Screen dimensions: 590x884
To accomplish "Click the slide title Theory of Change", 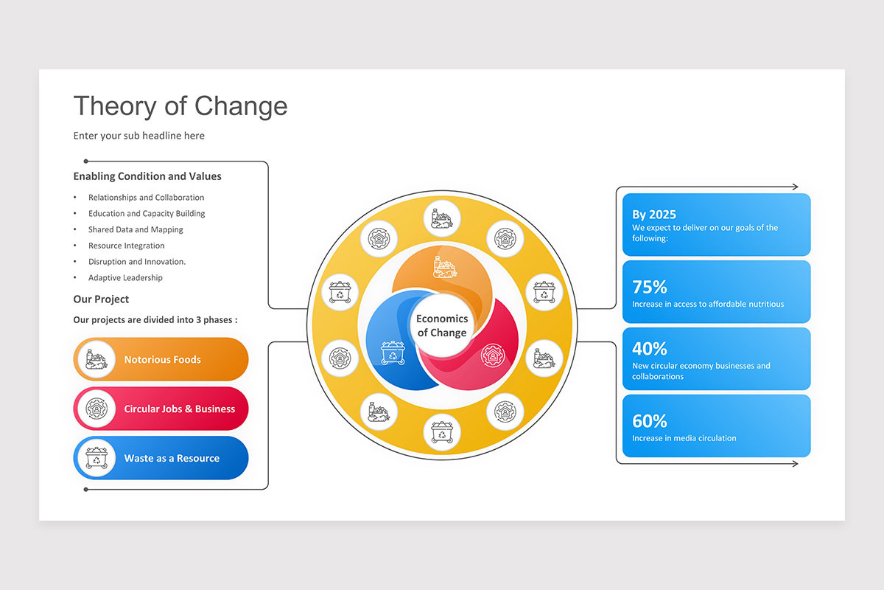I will [x=180, y=106].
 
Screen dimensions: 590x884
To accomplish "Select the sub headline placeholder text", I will [x=138, y=136].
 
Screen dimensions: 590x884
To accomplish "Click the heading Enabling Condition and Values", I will [x=147, y=176].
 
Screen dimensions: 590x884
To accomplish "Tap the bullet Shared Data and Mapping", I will [x=136, y=229].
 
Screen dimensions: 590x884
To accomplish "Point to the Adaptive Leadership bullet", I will [x=125, y=278].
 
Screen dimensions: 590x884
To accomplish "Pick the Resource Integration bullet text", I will [x=126, y=246].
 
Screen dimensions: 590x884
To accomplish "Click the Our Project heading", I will [x=101, y=299].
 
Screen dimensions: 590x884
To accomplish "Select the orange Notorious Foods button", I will [x=161, y=359].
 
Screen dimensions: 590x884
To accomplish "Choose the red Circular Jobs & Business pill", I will [x=161, y=409].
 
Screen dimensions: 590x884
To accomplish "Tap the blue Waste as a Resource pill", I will [x=161, y=458].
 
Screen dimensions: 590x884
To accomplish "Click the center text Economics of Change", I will [x=442, y=325].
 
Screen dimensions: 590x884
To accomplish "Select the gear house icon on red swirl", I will [x=491, y=354].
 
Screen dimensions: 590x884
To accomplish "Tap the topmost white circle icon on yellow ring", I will [x=442, y=218].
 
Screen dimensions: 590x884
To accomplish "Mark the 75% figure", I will [x=649, y=287].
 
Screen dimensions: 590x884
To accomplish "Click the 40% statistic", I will [x=649, y=348].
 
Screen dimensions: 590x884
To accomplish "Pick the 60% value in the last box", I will [x=649, y=421].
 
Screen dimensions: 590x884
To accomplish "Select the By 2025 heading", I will [x=654, y=215].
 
